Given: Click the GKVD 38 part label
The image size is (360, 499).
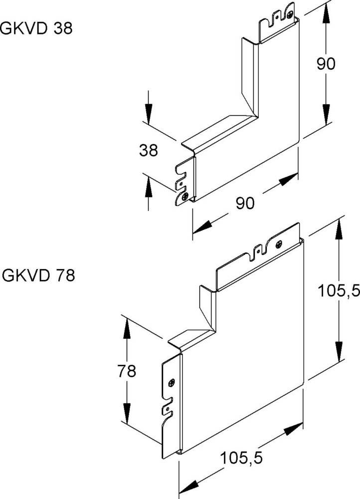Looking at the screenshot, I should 36,29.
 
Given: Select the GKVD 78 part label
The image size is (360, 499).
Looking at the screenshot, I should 38,275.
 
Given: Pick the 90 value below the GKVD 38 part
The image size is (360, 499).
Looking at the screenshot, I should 245,203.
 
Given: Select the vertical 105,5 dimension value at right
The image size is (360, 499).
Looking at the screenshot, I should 339,292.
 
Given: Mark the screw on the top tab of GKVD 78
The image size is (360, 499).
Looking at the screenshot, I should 278,245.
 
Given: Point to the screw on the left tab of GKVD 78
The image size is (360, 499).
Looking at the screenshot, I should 171,383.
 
